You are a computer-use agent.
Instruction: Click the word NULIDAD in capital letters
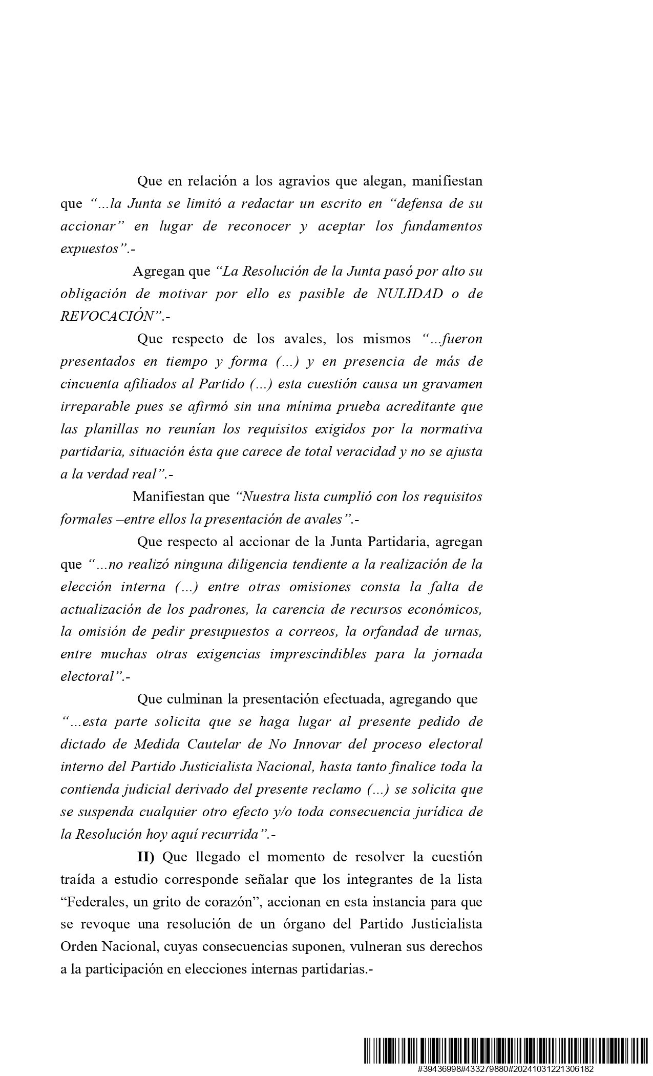410,294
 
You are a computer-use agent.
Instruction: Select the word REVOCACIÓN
107,317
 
